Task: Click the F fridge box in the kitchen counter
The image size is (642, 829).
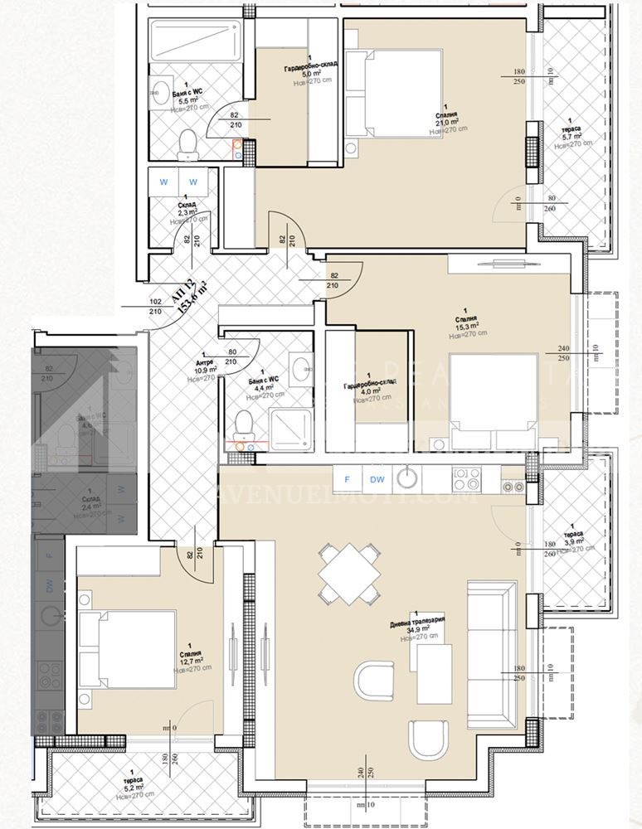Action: pos(348,479)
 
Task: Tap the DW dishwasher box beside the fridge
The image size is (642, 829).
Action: pos(377,479)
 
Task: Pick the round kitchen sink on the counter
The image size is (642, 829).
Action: pos(406,478)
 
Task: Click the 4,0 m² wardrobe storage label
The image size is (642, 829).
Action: pos(372,390)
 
